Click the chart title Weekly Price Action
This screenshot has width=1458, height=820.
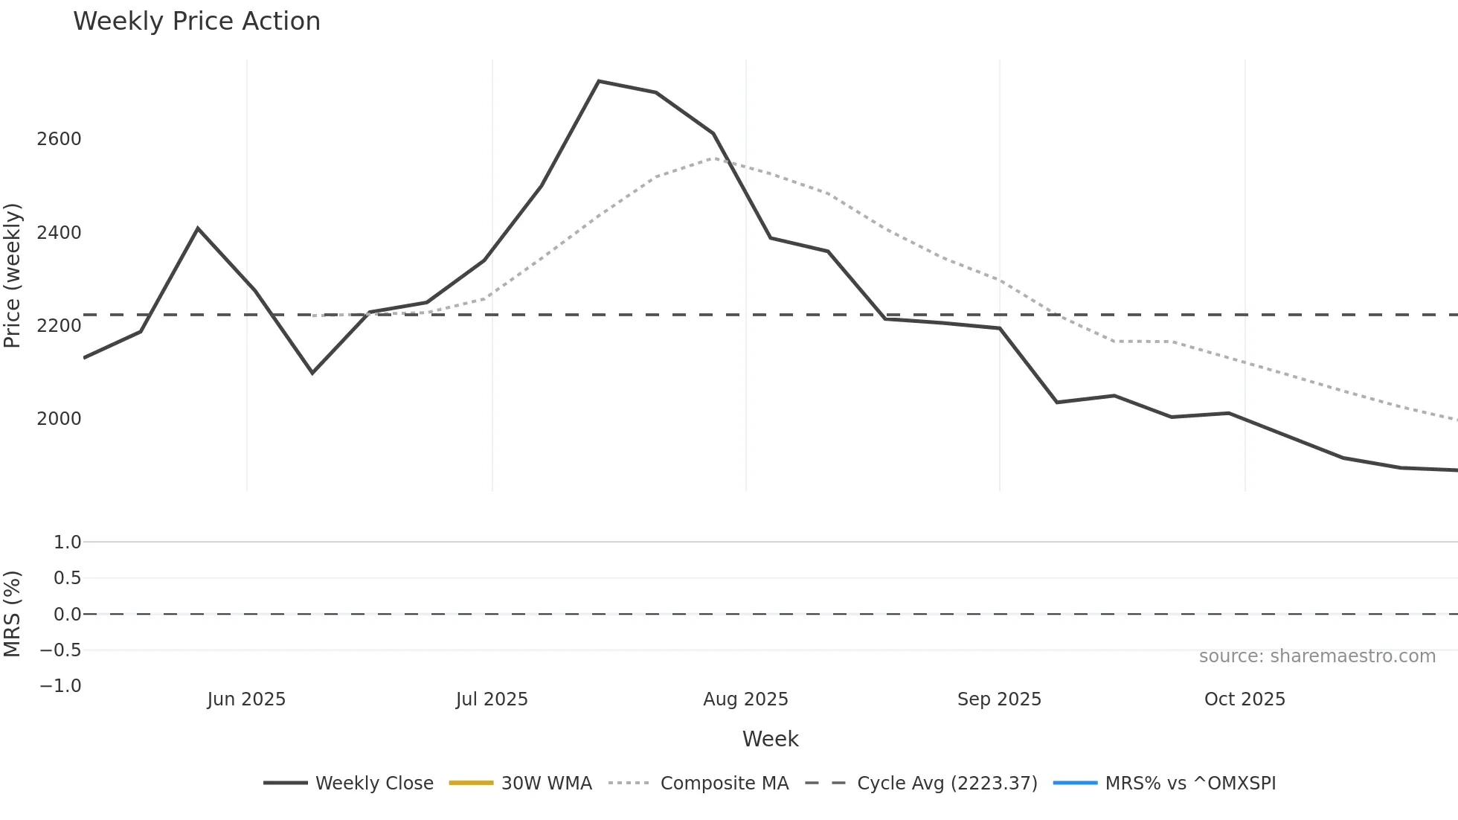coord(196,22)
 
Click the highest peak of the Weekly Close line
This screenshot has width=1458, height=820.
coord(599,81)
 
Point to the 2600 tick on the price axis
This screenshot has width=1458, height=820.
coord(59,139)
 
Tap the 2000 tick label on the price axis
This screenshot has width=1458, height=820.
coord(59,419)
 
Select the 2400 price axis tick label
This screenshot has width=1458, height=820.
coord(59,233)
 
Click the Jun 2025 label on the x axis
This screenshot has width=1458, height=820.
coord(246,699)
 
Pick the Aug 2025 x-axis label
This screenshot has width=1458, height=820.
coord(745,699)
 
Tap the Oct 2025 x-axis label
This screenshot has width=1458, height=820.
coord(1245,699)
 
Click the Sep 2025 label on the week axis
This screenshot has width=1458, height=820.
coord(999,699)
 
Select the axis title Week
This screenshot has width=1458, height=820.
coord(770,739)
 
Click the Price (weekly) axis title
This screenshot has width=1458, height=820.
coord(13,275)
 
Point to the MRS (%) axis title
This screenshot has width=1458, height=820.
coord(13,614)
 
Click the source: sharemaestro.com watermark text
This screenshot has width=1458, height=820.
coord(1317,656)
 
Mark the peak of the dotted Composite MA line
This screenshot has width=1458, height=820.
coord(713,158)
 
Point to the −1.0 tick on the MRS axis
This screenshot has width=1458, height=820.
coord(60,686)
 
